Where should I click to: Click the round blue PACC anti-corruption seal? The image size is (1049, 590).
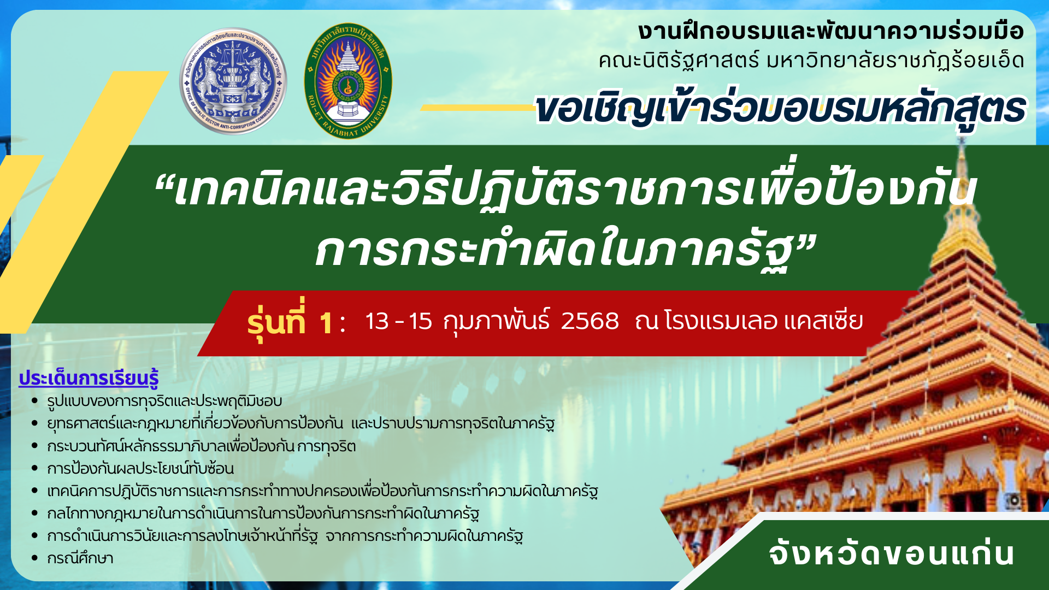click(x=233, y=81)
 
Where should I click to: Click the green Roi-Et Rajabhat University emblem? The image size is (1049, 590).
click(x=348, y=81)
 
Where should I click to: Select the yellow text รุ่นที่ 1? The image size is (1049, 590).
click(x=290, y=321)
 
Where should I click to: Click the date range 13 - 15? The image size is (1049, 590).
click(x=399, y=321)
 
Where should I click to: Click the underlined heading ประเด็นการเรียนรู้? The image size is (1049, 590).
click(x=89, y=378)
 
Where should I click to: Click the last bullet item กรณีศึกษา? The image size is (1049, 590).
click(x=80, y=558)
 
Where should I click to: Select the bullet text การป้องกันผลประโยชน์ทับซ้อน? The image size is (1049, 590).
click(x=140, y=468)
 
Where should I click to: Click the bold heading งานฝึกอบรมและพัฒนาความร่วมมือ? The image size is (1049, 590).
click(x=830, y=31)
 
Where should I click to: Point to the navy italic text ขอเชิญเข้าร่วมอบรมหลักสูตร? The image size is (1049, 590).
click(x=780, y=109)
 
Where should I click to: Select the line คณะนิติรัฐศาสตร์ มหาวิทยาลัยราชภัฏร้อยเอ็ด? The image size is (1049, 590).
click(x=811, y=60)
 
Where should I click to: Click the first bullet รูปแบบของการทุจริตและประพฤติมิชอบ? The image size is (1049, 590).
click(x=164, y=401)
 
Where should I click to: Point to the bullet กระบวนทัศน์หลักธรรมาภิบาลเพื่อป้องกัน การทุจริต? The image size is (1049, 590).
click(x=202, y=446)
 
